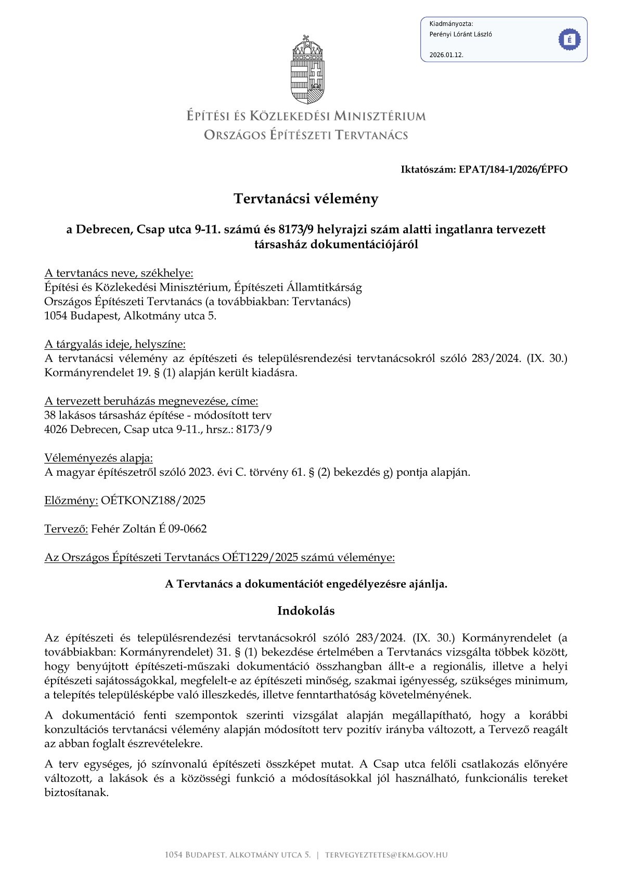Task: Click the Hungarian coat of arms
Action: (307, 70)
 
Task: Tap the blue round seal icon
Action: (569, 40)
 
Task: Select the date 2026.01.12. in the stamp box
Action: (446, 55)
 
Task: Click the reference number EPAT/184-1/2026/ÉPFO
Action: (513, 169)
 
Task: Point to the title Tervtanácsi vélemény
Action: (306, 199)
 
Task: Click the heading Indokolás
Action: (306, 610)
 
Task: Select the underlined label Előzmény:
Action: (71, 501)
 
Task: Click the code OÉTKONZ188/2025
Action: (153, 501)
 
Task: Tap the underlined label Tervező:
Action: (66, 529)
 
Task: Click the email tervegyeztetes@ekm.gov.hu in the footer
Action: (386, 855)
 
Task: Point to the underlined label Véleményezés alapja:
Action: (99, 458)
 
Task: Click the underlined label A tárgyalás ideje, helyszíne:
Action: (115, 344)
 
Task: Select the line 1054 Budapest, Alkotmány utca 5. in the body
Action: (130, 316)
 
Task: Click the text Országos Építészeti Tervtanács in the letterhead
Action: (306, 135)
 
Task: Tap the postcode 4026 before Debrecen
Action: (56, 429)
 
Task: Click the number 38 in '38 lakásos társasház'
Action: (50, 415)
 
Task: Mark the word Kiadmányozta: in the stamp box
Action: (451, 23)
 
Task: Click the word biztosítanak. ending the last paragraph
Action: (76, 793)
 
